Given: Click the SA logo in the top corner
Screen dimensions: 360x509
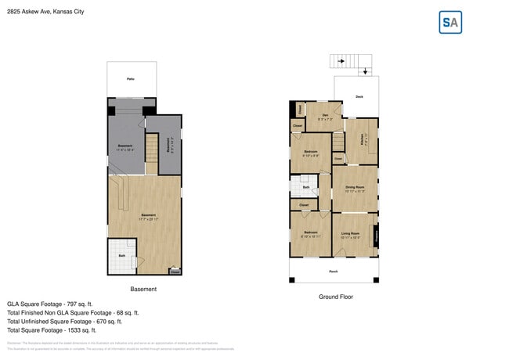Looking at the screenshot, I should [449, 23].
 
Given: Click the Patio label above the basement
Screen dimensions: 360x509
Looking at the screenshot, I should [131, 79].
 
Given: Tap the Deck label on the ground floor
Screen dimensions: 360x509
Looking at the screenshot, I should [359, 96].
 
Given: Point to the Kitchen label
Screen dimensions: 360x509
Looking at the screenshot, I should [363, 140].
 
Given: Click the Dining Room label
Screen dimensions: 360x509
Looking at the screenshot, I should [355, 188].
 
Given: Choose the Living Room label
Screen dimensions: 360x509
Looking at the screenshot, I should [350, 234].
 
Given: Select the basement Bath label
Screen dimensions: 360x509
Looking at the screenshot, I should [122, 255].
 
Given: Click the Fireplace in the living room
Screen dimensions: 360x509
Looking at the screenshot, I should [376, 234].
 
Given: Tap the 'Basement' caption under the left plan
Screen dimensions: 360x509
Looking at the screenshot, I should [143, 289].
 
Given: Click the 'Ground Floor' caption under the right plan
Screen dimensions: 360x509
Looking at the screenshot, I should [334, 297].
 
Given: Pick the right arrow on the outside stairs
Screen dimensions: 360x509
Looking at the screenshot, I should [341, 59].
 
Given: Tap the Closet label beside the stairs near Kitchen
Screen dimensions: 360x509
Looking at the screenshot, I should [338, 159].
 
